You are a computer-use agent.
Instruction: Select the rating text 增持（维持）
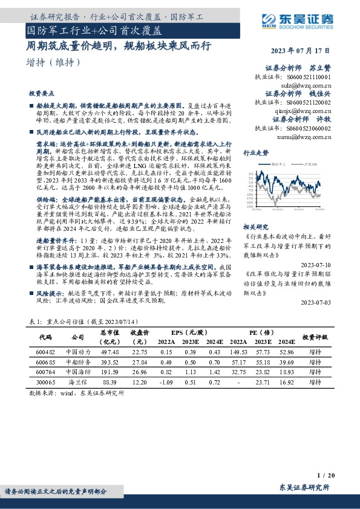tap(54, 62)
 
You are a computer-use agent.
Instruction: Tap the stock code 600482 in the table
tap(47, 351)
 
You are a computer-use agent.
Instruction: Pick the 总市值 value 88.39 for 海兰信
tap(110, 383)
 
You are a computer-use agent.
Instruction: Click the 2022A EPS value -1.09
tap(166, 383)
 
